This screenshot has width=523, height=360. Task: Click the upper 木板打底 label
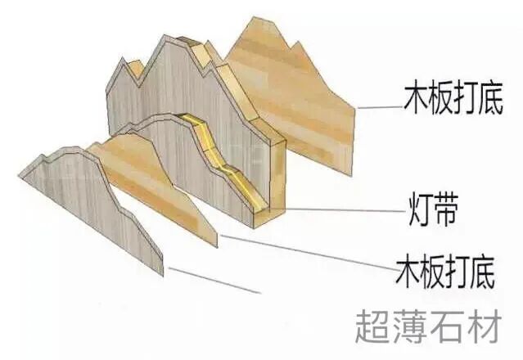(x=452, y=99)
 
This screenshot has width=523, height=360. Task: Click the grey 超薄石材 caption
(x=426, y=326)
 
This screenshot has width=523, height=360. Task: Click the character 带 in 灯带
(x=449, y=211)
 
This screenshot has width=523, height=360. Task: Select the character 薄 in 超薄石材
(x=409, y=326)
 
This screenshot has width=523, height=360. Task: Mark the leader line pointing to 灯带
(x=344, y=209)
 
